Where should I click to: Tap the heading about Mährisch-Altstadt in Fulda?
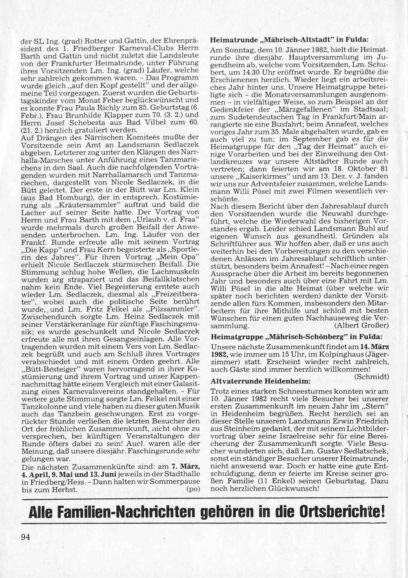tap(289, 40)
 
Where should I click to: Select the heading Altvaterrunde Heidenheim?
tap(260, 381)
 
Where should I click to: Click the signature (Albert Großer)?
tap(361, 326)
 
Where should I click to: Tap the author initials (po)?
tap(193, 489)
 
